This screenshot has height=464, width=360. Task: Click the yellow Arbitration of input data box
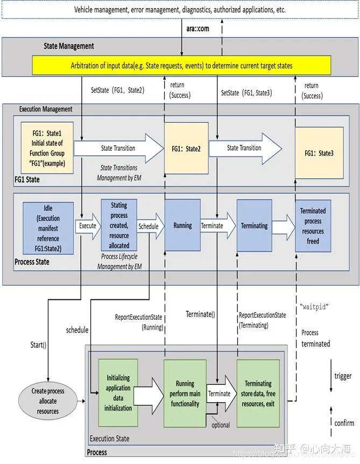pyautogui.click(x=181, y=66)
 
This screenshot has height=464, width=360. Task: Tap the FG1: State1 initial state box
pyautogui.click(x=46, y=144)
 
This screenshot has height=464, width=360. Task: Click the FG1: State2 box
pyautogui.click(x=186, y=149)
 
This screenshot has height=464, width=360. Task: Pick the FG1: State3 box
pyautogui.click(x=319, y=153)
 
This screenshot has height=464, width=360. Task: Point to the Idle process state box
pyautogui.click(x=48, y=227)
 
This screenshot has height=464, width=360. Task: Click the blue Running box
pyautogui.click(x=183, y=226)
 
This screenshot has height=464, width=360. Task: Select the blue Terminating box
pyautogui.click(x=255, y=226)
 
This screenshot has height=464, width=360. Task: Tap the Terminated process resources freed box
pyautogui.click(x=313, y=226)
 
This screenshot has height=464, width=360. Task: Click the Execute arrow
pyautogui.click(x=88, y=226)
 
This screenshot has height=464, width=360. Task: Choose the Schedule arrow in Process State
pyautogui.click(x=149, y=227)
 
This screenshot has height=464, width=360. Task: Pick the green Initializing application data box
pyautogui.click(x=118, y=393)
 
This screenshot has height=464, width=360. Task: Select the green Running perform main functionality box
pyautogui.click(x=185, y=393)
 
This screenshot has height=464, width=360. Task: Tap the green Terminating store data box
pyautogui.click(x=258, y=393)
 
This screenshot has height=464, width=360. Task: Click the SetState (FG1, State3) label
pyautogui.click(x=246, y=93)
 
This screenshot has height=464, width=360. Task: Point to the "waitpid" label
pyautogui.click(x=313, y=306)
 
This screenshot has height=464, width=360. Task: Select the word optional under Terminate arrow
pyautogui.click(x=221, y=425)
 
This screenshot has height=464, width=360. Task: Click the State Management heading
pyautogui.click(x=68, y=46)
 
